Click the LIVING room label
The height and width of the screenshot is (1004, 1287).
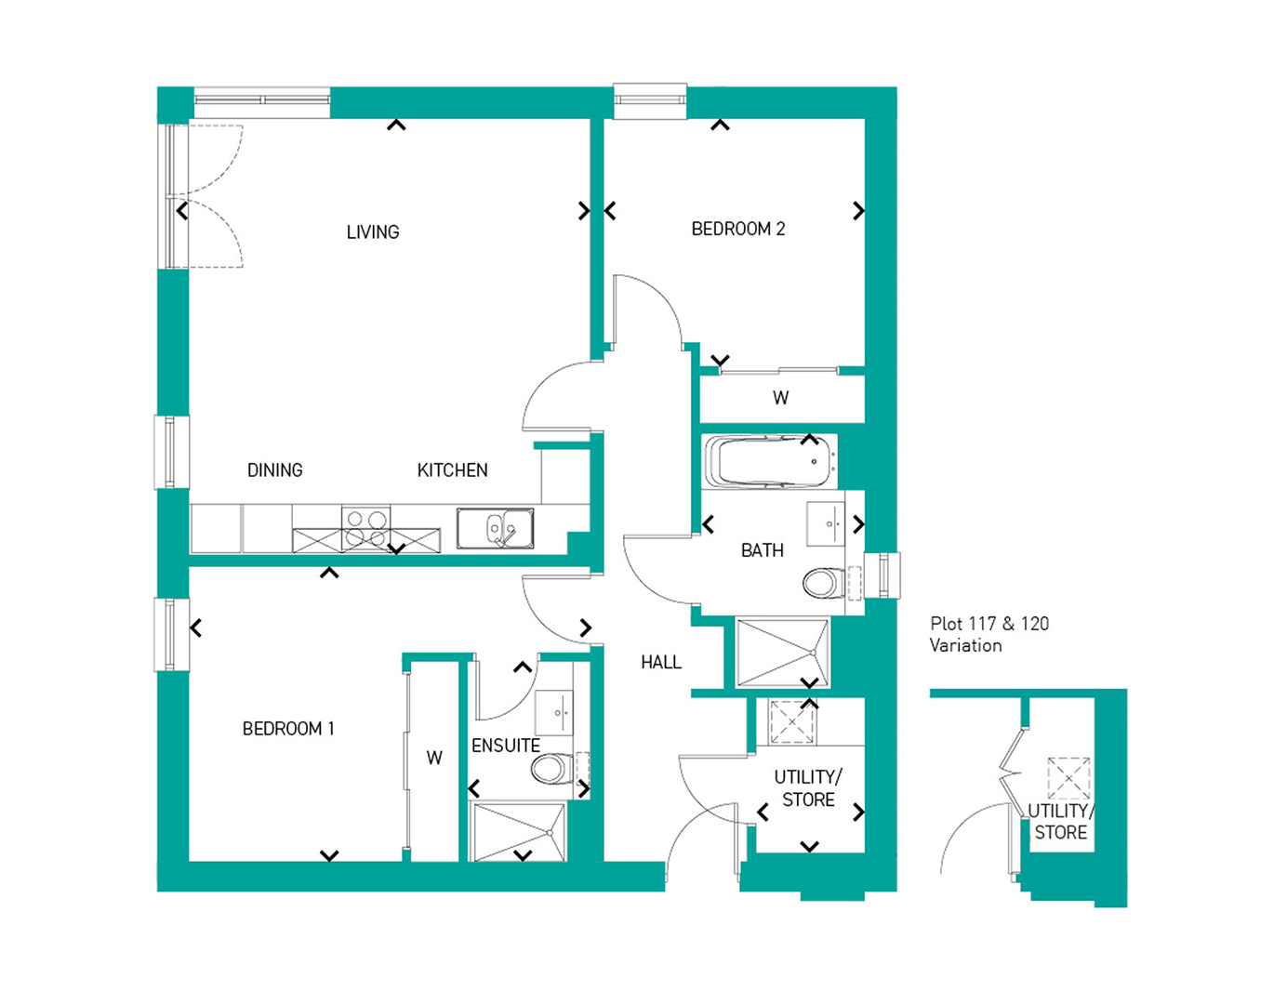tap(373, 231)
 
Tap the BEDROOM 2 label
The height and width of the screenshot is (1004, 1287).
tap(738, 229)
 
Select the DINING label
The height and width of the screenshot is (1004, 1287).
tap(275, 470)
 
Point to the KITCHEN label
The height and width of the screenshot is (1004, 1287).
tap(453, 470)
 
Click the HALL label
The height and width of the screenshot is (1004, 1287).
tap(661, 662)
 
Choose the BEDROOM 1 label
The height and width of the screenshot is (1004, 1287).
tap(288, 728)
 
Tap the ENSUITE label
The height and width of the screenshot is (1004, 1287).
tap(506, 746)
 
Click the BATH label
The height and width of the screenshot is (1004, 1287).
tap(763, 550)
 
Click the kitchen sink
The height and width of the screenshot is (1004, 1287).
tap(495, 528)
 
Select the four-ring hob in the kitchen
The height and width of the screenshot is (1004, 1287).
tap(366, 528)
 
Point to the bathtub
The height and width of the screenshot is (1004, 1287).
tap(769, 462)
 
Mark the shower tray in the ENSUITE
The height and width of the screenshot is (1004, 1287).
tap(518, 830)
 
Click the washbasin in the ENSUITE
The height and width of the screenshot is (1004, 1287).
tap(554, 713)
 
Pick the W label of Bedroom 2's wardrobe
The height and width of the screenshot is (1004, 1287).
tap(780, 398)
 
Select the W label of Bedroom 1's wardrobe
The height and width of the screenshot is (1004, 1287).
tap(434, 758)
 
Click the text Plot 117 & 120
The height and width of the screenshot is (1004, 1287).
tap(989, 624)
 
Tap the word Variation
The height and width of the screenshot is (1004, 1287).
tap(966, 645)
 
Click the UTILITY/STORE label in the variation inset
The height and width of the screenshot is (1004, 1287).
tap(1061, 822)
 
